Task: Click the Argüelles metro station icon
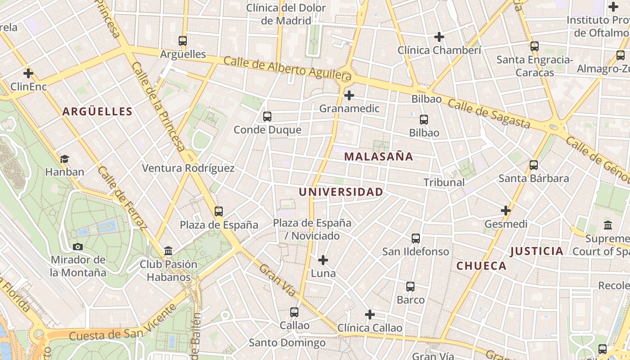pyautogui.click(x=183, y=41)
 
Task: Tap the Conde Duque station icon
pyautogui.click(x=267, y=117)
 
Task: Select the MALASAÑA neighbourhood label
pyautogui.click(x=378, y=157)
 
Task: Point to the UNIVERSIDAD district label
pyautogui.click(x=341, y=192)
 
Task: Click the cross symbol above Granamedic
pyautogui.click(x=349, y=95)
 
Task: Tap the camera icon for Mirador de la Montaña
pyautogui.click(x=78, y=247)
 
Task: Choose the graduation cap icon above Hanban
pyautogui.click(x=65, y=159)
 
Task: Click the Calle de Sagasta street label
pyautogui.click(x=489, y=114)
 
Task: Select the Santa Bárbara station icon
pyautogui.click(x=534, y=165)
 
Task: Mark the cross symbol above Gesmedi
pyautogui.click(x=506, y=211)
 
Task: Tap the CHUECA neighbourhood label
pyautogui.click(x=481, y=266)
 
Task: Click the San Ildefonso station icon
pyautogui.click(x=416, y=238)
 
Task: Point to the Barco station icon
pyautogui.click(x=410, y=287)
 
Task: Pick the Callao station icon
pyautogui.click(x=294, y=312)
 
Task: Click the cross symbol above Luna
pyautogui.click(x=323, y=260)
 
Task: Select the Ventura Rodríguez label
pyautogui.click(x=188, y=168)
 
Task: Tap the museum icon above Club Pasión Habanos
pyautogui.click(x=168, y=251)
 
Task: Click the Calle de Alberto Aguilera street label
pyautogui.click(x=287, y=67)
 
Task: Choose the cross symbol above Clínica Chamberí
pyautogui.click(x=439, y=37)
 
